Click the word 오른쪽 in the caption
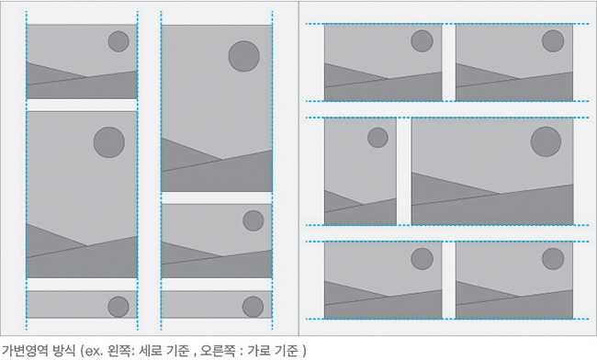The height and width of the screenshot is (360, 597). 219,350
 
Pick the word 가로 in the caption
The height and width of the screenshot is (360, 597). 259,350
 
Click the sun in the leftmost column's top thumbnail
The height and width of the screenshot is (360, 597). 118,41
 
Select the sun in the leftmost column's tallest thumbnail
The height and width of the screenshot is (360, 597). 109,142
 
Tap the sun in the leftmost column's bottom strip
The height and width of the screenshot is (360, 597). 118,307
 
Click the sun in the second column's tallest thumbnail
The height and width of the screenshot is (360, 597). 244,56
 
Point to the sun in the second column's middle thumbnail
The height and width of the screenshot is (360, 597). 253,220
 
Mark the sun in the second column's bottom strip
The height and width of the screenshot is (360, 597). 253,307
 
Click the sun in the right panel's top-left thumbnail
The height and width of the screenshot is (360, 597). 422,40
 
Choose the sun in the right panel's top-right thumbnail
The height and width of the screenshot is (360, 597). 553,40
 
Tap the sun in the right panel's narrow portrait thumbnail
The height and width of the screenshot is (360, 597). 377,138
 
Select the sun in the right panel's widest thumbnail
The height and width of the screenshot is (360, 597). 546,141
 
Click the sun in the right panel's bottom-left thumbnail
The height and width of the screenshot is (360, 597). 422,259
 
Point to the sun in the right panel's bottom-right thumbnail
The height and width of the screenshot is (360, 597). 553,259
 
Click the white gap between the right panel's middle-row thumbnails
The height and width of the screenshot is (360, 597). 404,171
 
